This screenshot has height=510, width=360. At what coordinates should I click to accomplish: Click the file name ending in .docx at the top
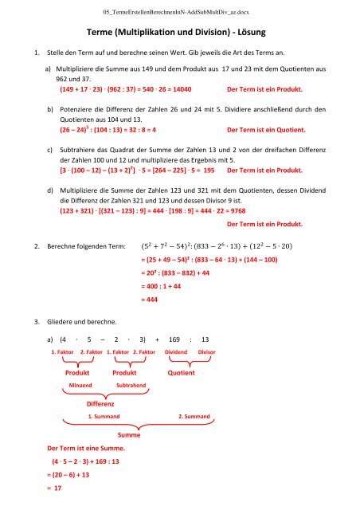180,11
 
